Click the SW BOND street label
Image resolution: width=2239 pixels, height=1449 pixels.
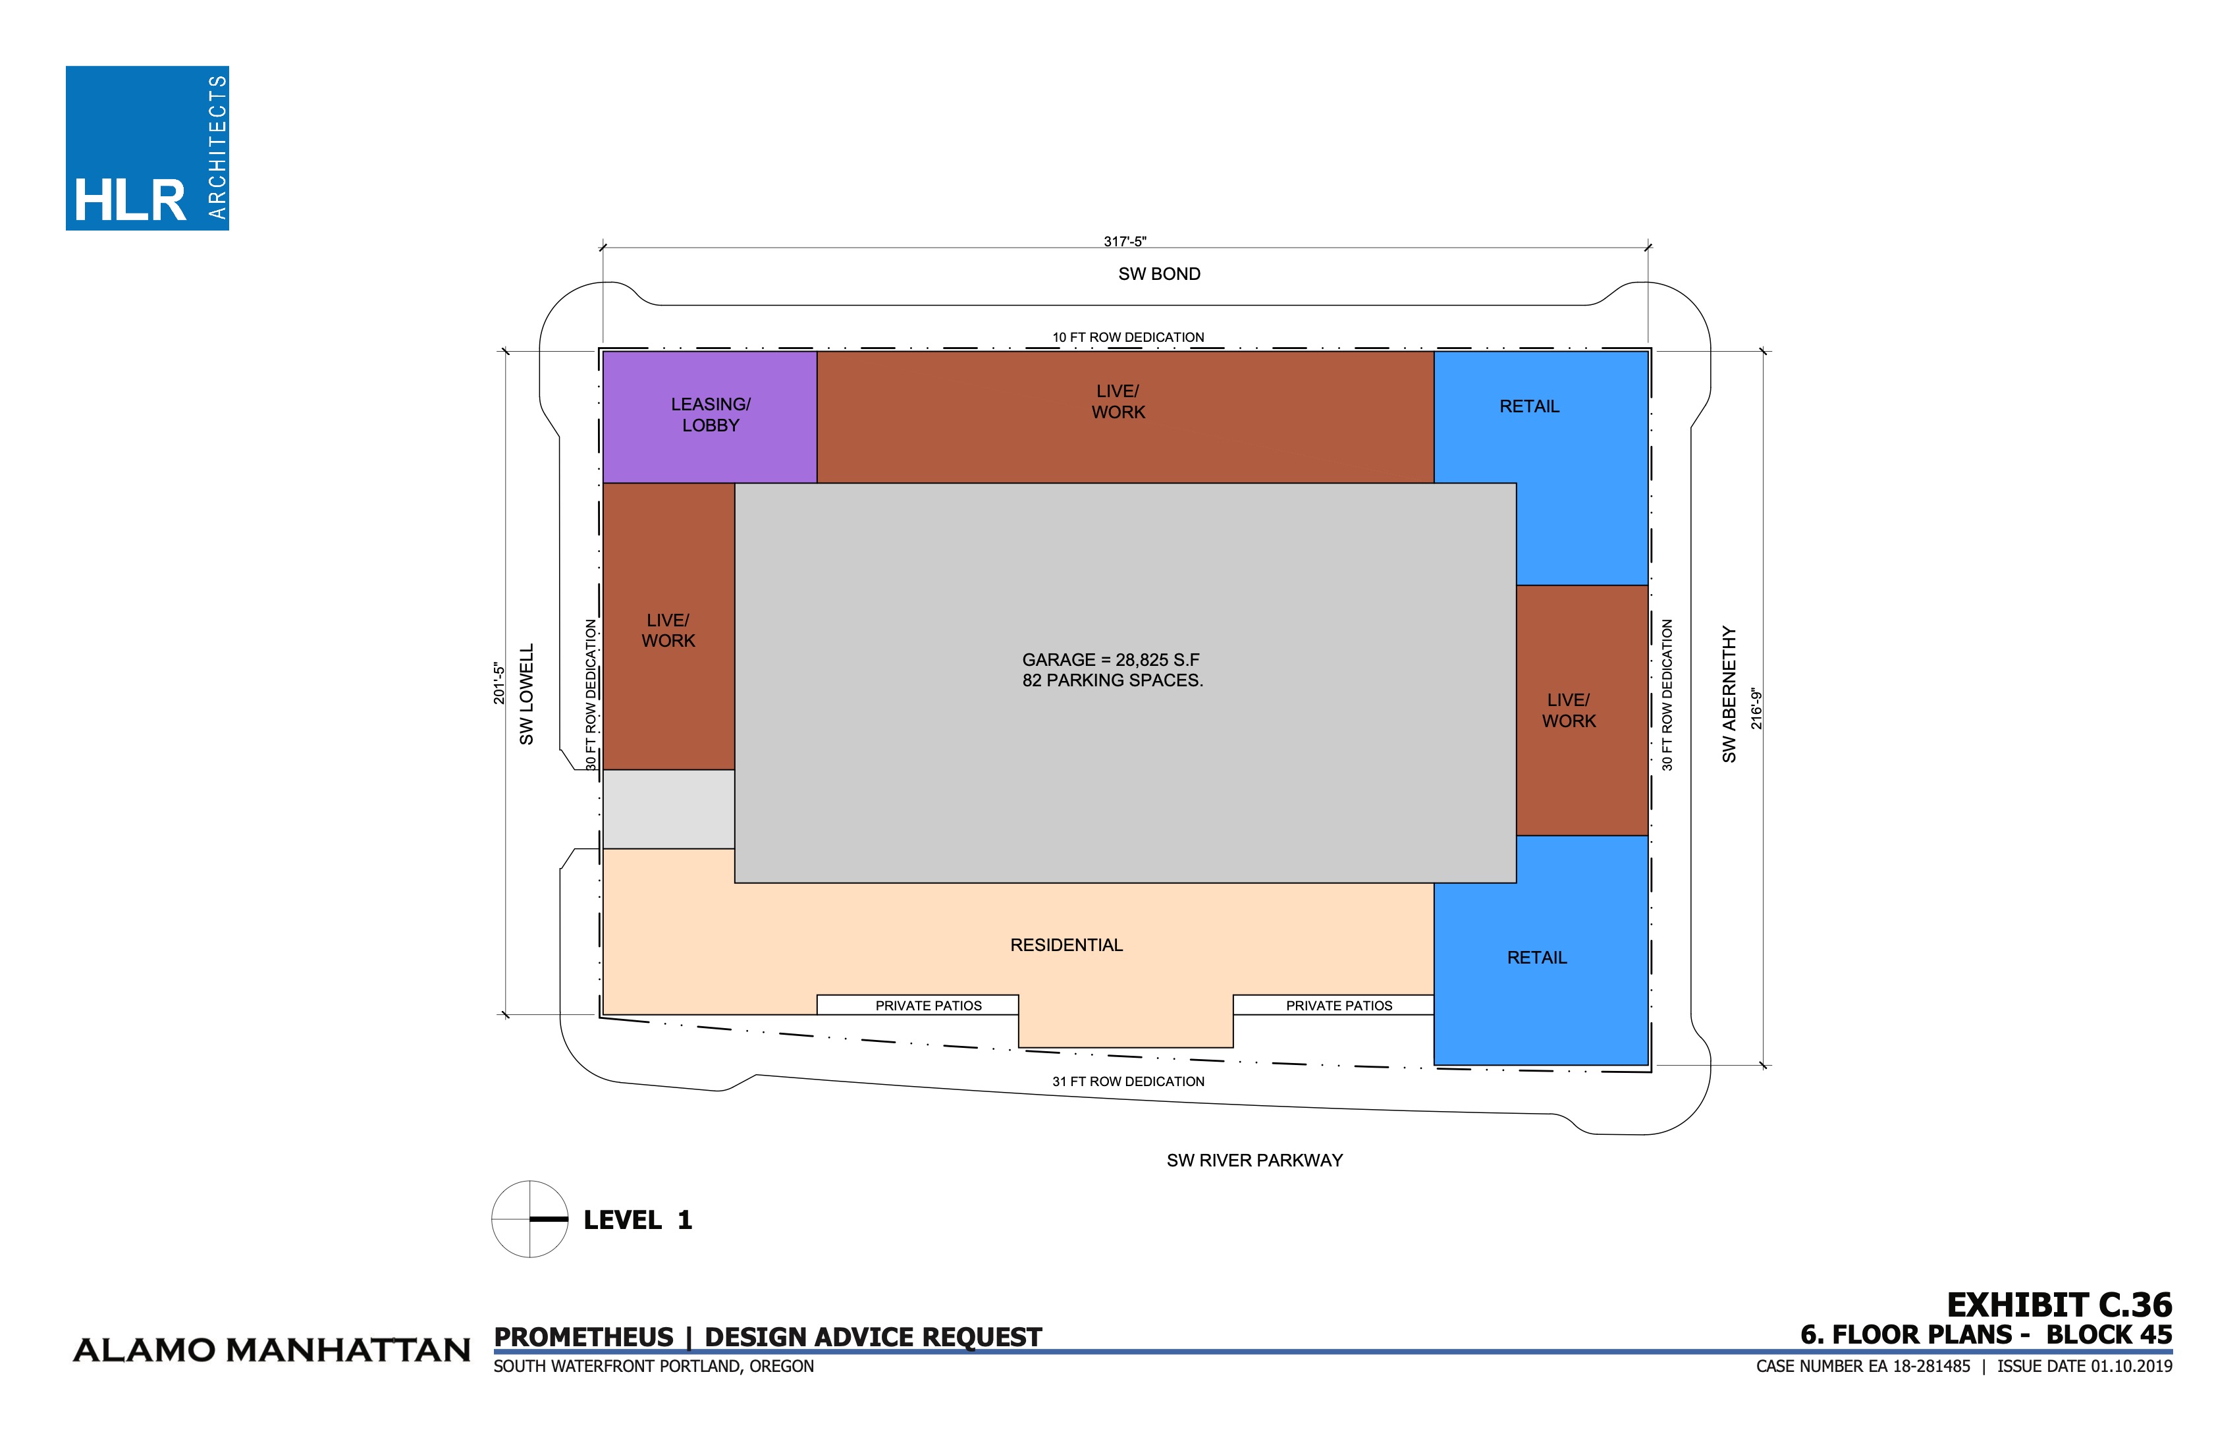click(x=1159, y=274)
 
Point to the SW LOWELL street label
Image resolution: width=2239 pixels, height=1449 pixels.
click(x=527, y=694)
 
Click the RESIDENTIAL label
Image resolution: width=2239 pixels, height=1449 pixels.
click(x=1066, y=944)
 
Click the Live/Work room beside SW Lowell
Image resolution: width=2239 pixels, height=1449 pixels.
click(x=668, y=630)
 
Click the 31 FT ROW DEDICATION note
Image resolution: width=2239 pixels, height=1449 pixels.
click(x=1128, y=1081)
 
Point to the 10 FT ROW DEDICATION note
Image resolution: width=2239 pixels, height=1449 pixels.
click(x=1128, y=337)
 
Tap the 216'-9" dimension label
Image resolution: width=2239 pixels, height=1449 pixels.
click(x=1756, y=709)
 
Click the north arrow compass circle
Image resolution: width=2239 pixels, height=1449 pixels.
click(x=529, y=1218)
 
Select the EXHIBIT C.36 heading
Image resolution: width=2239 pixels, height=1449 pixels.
click(x=2059, y=1305)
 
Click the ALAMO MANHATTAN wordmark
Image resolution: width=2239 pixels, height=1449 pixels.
click(x=272, y=1350)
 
